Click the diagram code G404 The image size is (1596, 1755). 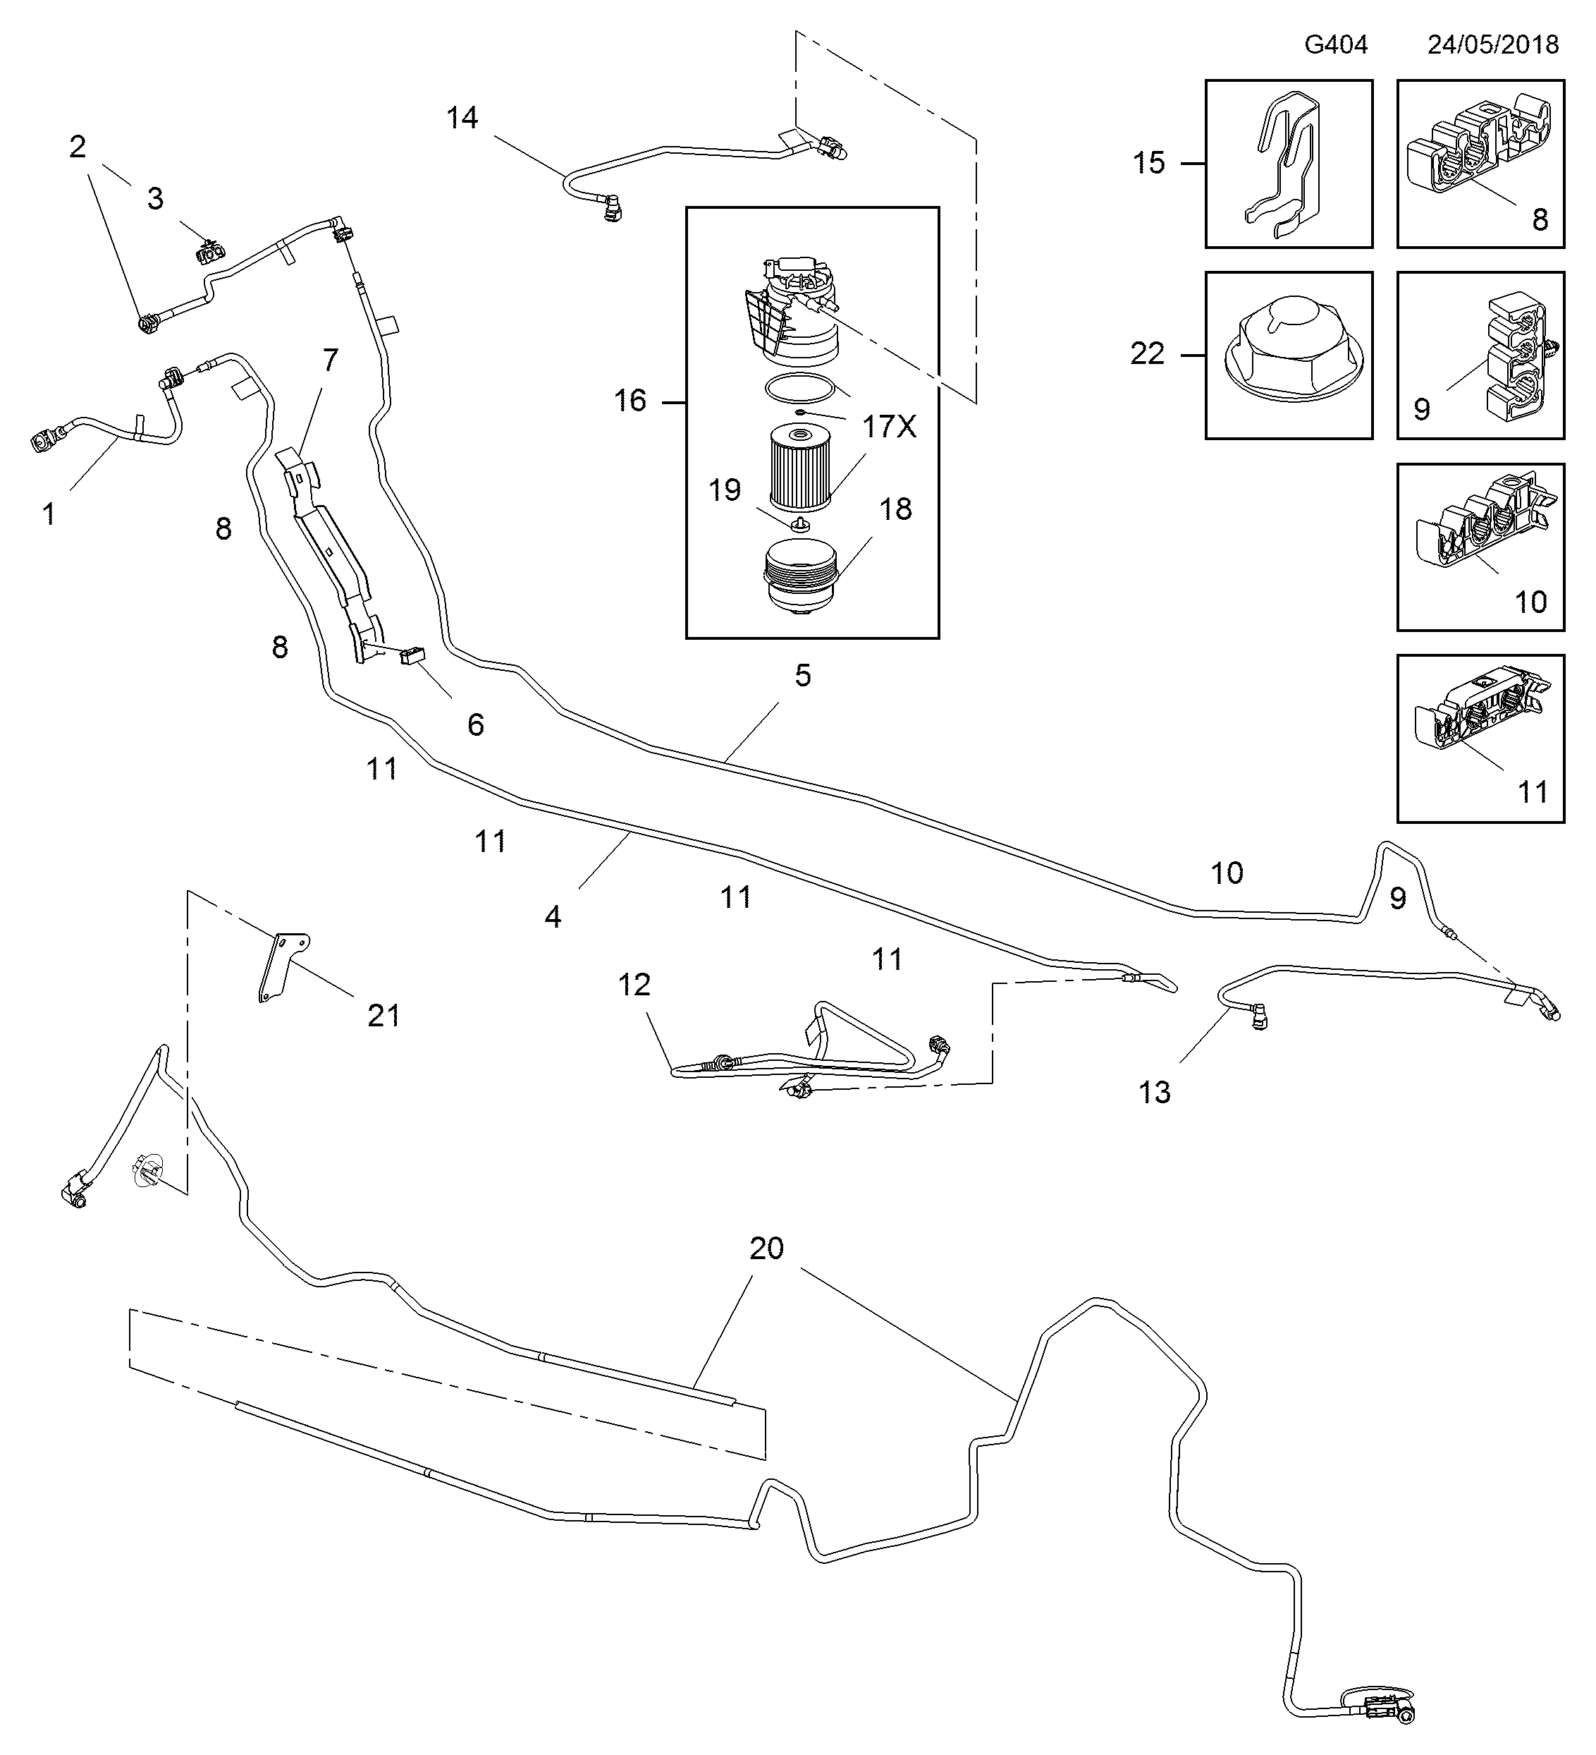pyautogui.click(x=1335, y=45)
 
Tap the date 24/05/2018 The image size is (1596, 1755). pyautogui.click(x=1492, y=45)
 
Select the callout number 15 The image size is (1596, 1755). pyautogui.click(x=1148, y=164)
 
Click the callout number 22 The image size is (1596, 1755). pyautogui.click(x=1147, y=354)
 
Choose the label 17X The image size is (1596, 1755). pyautogui.click(x=890, y=427)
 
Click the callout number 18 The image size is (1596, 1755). pyautogui.click(x=895, y=509)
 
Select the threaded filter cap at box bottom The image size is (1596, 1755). pyautogui.click(x=799, y=579)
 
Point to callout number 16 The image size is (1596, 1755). pyautogui.click(x=630, y=401)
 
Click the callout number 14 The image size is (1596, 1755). pyautogui.click(x=462, y=119)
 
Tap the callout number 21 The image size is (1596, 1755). pyautogui.click(x=383, y=1015)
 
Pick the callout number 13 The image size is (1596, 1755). pyautogui.click(x=1155, y=1093)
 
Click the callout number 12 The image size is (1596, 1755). pyautogui.click(x=634, y=985)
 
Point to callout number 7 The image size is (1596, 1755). pyautogui.click(x=330, y=360)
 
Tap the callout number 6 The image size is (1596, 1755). pyautogui.click(x=475, y=724)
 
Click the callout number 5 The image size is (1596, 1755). pyautogui.click(x=802, y=676)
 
